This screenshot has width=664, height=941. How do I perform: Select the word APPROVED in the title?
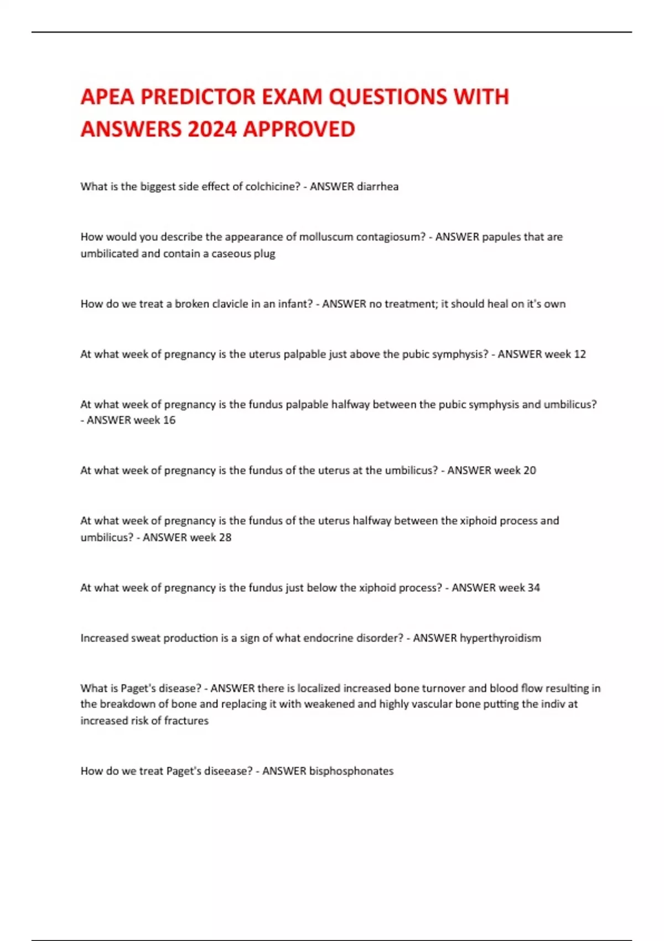[x=299, y=130]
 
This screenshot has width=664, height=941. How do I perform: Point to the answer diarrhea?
[x=377, y=187]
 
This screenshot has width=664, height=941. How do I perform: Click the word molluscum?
[x=325, y=237]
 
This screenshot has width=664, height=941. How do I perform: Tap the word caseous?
[x=231, y=254]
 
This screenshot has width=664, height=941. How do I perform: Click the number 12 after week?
[x=579, y=354]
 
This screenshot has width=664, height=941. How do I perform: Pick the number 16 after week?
[x=169, y=420]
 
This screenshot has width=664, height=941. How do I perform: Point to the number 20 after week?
[x=530, y=471]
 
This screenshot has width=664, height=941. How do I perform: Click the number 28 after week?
[x=225, y=537]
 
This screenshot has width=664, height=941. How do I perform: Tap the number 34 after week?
[x=533, y=588]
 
